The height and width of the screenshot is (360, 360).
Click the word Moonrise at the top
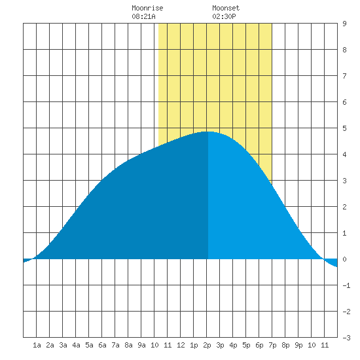[x=147, y=8]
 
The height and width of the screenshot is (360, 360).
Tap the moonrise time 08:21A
[x=143, y=16]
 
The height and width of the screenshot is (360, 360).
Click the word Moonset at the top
[x=226, y=8]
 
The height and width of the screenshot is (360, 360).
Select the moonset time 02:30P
[x=224, y=16]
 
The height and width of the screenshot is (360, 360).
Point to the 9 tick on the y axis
[x=344, y=24]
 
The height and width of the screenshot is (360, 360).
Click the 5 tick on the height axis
[x=344, y=128]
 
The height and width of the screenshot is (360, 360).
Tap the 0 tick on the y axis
[x=344, y=259]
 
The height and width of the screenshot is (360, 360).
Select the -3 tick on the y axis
[x=347, y=338]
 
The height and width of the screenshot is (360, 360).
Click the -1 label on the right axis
[x=347, y=285]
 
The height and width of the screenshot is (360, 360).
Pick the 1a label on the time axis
[x=37, y=345]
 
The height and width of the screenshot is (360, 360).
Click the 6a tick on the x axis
[x=102, y=345]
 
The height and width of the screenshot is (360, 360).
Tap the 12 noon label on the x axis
[x=181, y=345]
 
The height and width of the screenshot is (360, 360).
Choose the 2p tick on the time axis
[x=207, y=345]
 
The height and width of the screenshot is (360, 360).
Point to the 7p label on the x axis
[x=272, y=345]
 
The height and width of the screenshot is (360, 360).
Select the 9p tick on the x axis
[x=298, y=345]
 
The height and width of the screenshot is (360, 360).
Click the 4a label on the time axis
[x=76, y=345]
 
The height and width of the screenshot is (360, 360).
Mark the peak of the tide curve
[x=208, y=132]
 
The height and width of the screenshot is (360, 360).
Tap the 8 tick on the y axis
[x=344, y=50]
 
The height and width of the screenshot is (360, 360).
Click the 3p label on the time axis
[x=220, y=345]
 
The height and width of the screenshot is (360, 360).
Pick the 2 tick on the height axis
[x=344, y=207]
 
